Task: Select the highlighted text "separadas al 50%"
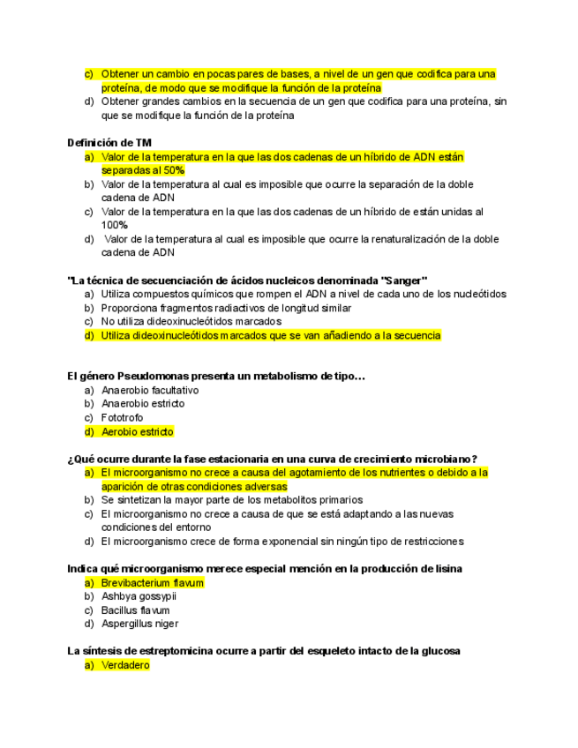(x=143, y=170)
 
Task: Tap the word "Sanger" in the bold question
(x=403, y=280)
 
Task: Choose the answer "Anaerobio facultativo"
(x=150, y=390)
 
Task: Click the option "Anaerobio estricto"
(x=143, y=404)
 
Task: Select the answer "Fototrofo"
(x=122, y=417)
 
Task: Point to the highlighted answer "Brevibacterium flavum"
(x=152, y=583)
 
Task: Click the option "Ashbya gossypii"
(x=139, y=596)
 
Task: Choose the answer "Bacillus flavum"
(x=135, y=610)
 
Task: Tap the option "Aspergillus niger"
(x=139, y=624)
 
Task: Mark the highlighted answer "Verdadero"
(x=125, y=665)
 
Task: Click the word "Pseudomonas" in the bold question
(x=150, y=377)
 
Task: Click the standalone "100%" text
(x=115, y=225)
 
